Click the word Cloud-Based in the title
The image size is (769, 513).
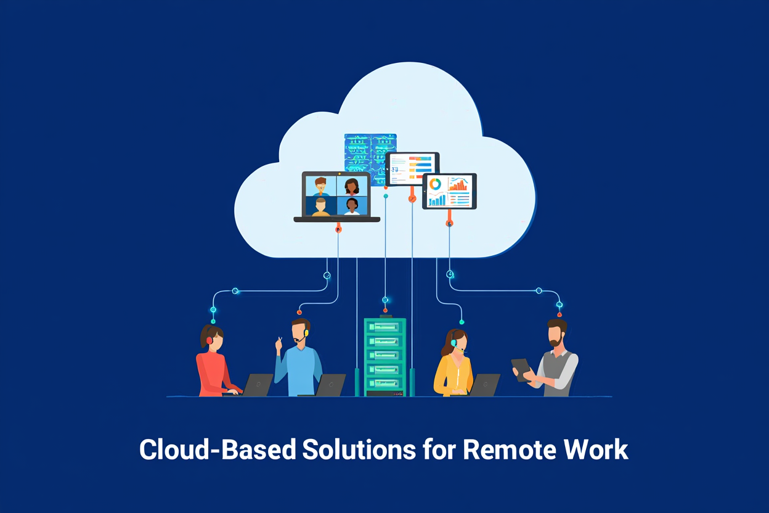[x=217, y=449]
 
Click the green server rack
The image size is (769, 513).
[x=384, y=356]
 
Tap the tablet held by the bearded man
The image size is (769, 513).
[x=521, y=369]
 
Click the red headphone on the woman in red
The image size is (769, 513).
[x=210, y=340]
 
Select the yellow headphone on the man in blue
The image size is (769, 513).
[x=306, y=333]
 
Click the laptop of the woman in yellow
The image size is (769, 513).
[x=484, y=384]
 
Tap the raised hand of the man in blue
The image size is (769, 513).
[x=279, y=343]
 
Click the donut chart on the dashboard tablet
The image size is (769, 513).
[x=436, y=184]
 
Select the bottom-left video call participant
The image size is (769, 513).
[x=320, y=206]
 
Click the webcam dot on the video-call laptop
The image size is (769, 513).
[x=336, y=174]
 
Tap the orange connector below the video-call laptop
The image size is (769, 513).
[x=338, y=229]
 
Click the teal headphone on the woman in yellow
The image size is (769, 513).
[x=454, y=342]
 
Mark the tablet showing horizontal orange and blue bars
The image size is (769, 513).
[x=412, y=167]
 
